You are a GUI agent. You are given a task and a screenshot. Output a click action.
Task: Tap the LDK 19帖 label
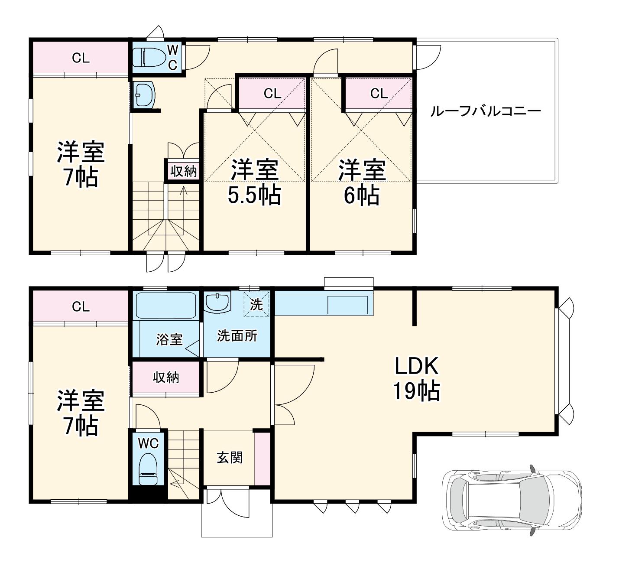(416, 378)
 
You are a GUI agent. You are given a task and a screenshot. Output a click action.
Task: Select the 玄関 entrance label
(230, 457)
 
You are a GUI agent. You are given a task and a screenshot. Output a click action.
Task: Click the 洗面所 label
(237, 336)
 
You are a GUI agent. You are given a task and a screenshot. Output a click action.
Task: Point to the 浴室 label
(169, 339)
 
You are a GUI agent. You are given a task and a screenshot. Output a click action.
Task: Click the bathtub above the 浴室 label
(166, 305)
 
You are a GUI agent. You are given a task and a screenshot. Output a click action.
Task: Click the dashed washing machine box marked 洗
(256, 304)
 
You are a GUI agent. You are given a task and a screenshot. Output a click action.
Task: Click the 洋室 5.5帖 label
(254, 182)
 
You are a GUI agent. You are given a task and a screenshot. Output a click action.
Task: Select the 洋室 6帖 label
(362, 182)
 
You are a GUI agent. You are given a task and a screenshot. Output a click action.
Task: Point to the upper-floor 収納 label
(184, 171)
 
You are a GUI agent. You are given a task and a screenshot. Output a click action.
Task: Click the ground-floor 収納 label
(166, 378)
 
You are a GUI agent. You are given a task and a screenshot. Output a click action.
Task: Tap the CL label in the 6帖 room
(379, 93)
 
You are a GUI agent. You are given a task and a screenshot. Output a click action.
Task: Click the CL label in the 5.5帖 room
(272, 93)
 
